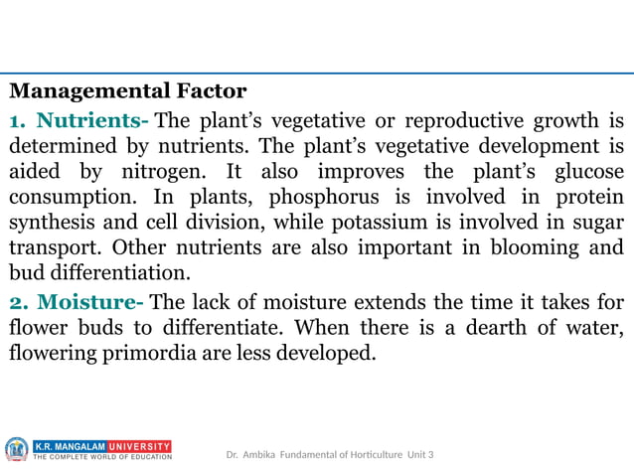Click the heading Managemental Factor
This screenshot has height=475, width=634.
pos(128,92)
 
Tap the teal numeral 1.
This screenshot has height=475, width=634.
pos(17,122)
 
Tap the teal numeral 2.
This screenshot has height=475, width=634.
pos(18,300)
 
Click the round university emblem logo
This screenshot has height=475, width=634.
pos(17,450)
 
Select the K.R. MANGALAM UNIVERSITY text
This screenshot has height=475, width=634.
pos(102,446)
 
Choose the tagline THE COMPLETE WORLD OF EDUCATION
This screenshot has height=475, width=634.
pos(102,458)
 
